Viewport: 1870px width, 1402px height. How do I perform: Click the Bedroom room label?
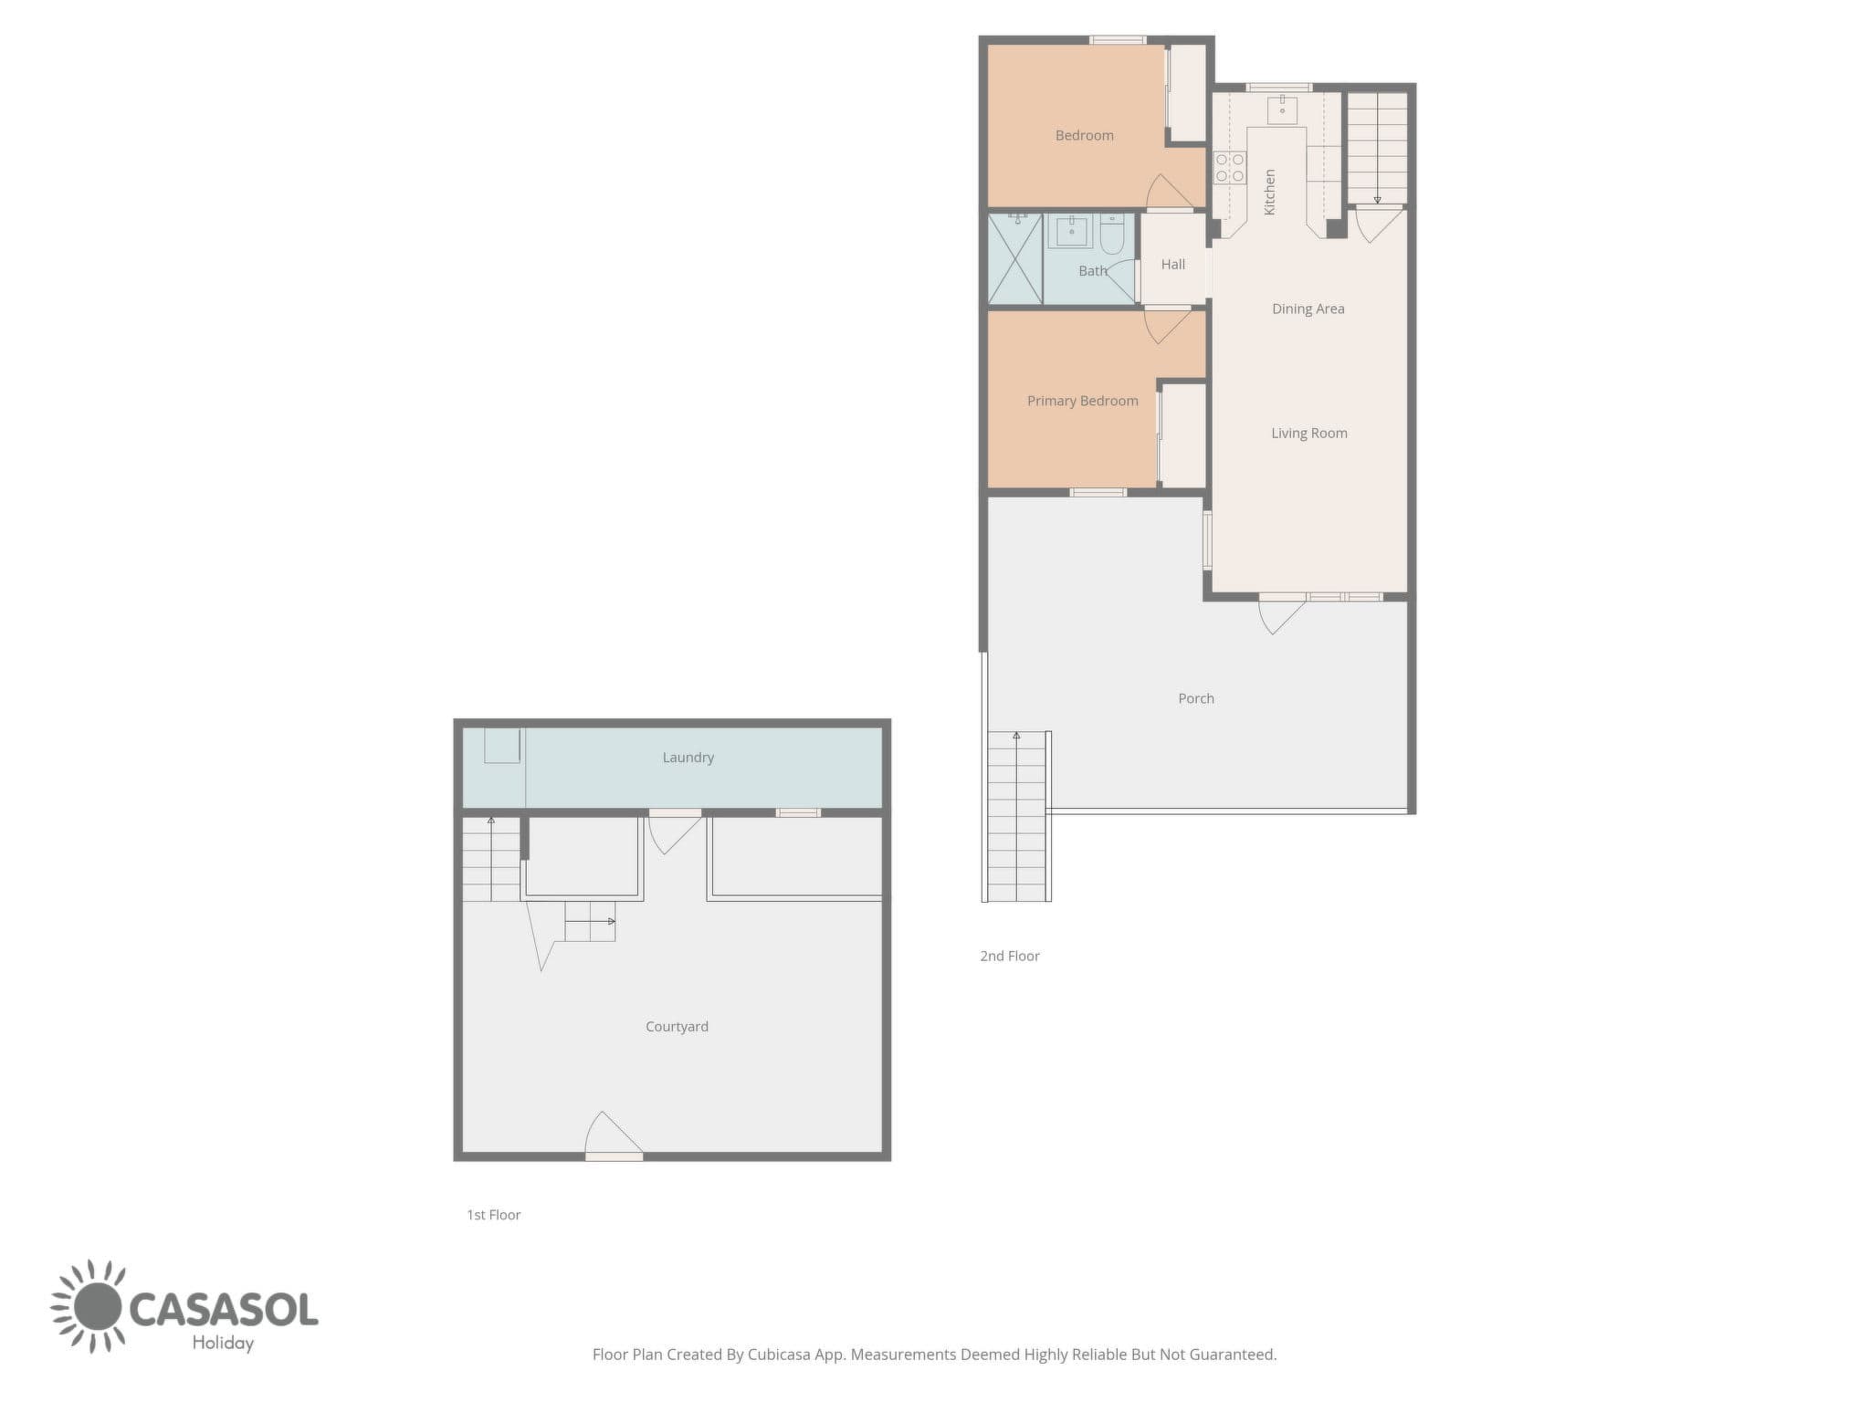1084,135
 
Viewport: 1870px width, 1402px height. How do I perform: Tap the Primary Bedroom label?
1082,401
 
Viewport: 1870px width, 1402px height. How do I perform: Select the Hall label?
1172,264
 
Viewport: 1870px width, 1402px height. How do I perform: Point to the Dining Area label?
1308,309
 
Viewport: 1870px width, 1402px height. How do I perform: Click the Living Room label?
1308,433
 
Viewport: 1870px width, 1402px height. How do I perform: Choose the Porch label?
1195,698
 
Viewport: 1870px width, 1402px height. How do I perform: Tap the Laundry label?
688,757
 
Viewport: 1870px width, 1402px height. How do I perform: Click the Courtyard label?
677,1026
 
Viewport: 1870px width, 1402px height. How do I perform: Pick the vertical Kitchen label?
1268,192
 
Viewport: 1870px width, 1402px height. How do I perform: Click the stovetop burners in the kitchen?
1229,168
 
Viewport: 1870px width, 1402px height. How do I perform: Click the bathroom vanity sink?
1071,231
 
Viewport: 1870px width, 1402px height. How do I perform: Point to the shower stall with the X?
1015,258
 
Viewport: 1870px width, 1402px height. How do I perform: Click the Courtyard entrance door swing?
613,1134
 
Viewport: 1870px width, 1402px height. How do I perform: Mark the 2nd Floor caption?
1009,956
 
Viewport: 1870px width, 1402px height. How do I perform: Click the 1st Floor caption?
493,1215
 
